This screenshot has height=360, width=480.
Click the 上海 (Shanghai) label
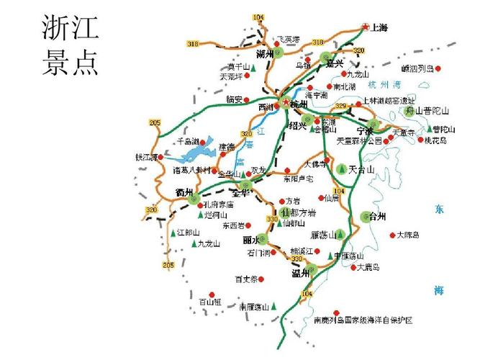(379, 28)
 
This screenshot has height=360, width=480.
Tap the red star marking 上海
(365, 27)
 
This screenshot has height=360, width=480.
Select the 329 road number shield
(340, 107)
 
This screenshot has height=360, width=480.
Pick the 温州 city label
(300, 273)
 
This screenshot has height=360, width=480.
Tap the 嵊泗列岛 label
(417, 69)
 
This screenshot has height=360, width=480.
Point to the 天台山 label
(361, 170)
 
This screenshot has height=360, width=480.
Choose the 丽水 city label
(252, 239)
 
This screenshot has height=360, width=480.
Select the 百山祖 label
(209, 302)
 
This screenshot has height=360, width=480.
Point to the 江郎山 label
(187, 233)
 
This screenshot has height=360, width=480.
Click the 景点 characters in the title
(70, 63)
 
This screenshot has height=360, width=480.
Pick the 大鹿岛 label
(368, 267)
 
